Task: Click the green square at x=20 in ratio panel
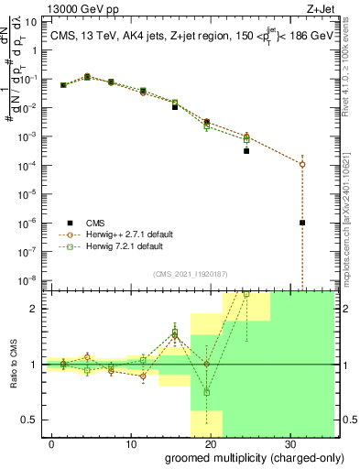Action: click(x=207, y=392)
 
